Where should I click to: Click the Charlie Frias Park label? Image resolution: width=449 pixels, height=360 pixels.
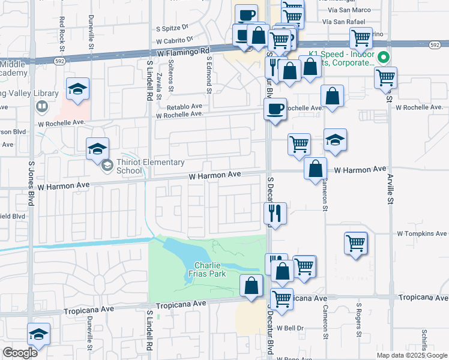(x=209, y=270)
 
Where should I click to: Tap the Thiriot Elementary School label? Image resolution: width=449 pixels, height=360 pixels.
(x=130, y=166)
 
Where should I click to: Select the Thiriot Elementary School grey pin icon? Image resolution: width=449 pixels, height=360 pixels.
(x=106, y=165)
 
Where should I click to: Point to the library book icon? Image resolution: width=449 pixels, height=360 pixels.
(x=41, y=107)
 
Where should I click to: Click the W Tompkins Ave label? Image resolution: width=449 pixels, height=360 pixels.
(x=422, y=233)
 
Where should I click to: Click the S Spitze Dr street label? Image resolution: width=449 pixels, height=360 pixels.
(x=172, y=28)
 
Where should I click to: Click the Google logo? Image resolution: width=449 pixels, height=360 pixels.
(x=20, y=353)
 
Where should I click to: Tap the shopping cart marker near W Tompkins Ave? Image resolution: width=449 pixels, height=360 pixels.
(x=356, y=244)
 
